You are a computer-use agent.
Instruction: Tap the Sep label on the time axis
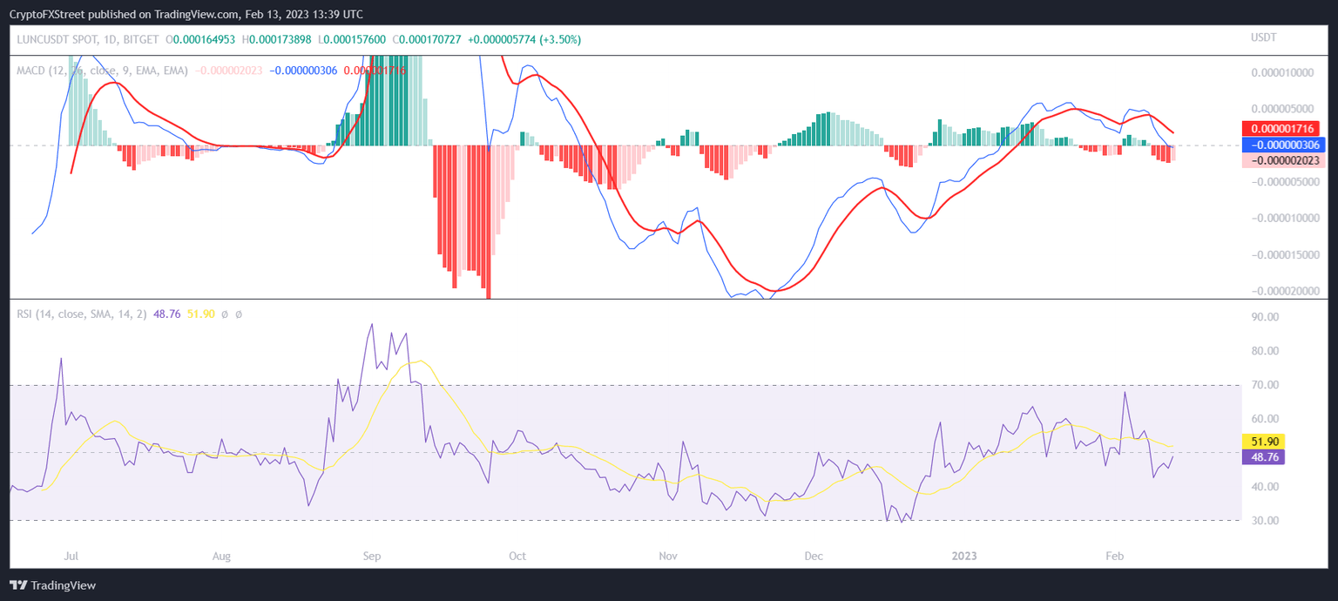[x=372, y=556]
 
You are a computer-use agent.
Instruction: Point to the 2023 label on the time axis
[x=963, y=556]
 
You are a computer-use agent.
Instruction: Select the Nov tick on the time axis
[x=668, y=556]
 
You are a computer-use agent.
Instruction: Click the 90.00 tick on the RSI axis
[x=1265, y=318]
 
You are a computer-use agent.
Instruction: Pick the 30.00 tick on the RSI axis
[x=1265, y=521]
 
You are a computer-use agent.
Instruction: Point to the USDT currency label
[x=1263, y=38]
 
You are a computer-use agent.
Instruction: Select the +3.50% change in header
[x=562, y=39]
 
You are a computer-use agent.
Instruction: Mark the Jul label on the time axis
[x=72, y=556]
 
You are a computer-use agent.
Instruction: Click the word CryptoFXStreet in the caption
[x=49, y=14]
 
